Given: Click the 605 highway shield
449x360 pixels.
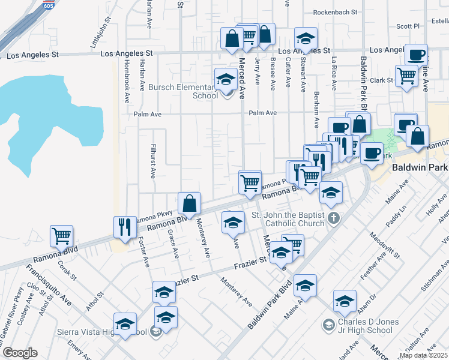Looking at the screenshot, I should click(x=47, y=5).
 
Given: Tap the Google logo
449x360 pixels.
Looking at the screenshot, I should click(x=20, y=353).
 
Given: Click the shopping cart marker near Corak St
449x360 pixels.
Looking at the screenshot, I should click(x=62, y=236).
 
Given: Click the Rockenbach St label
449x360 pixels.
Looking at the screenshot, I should click(x=335, y=11).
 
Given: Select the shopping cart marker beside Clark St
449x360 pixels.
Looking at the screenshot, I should click(x=407, y=76).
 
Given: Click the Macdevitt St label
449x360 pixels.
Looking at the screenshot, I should click(x=385, y=245).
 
